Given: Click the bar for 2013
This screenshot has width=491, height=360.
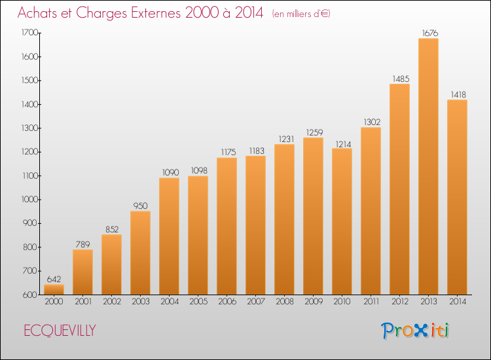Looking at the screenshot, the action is tap(428, 166).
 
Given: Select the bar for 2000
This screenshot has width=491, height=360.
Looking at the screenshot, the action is tap(54, 289).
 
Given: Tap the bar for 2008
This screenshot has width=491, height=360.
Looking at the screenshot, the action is tap(284, 219).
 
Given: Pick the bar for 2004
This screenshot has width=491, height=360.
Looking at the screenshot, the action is tap(169, 236).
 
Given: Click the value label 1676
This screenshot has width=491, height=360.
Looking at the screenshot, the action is tap(430, 33).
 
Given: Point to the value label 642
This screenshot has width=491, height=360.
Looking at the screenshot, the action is tap(54, 279).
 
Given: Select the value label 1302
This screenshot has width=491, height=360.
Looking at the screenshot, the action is tap(372, 122).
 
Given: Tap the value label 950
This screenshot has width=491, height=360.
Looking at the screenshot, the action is tap(140, 206).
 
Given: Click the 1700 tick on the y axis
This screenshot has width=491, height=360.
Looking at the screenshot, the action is tap(29, 33).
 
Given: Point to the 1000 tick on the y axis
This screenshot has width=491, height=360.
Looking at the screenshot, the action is tap(29, 200).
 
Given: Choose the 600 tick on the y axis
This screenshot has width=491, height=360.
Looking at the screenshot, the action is tap(30, 295).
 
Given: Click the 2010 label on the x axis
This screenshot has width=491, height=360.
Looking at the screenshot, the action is tap(342, 302).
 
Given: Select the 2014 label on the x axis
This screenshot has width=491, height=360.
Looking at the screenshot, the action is tap(458, 302).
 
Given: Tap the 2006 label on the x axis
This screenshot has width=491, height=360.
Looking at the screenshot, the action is tap(227, 302).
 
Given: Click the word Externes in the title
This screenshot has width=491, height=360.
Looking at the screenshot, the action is tap(156, 13).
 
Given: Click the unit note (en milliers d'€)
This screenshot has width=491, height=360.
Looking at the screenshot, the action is tap(301, 14).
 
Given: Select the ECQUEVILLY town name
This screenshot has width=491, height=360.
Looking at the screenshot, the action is tap(60, 331).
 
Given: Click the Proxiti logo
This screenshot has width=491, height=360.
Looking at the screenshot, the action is tap(415, 331).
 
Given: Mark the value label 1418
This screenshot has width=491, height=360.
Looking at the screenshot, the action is tap(458, 94).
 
